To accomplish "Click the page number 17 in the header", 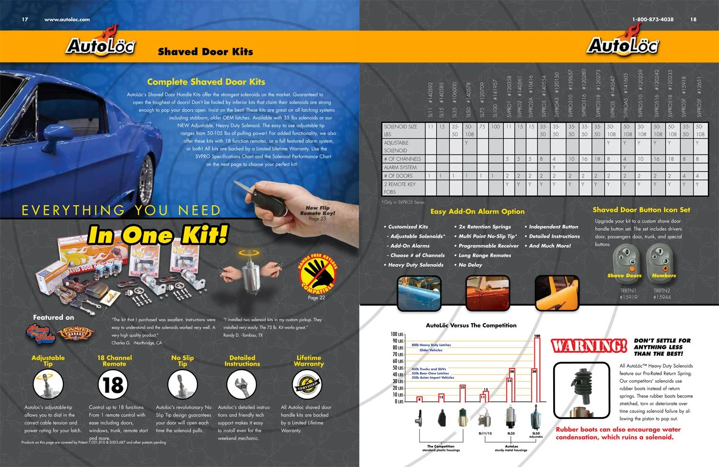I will click(25, 20).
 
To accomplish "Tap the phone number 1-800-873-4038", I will click(652, 20).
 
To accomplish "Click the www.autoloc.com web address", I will click(67, 20).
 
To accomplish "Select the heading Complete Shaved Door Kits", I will click(206, 82).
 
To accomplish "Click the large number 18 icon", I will click(114, 385).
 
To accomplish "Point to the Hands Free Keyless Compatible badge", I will click(317, 274).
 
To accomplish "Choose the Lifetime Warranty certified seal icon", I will click(307, 385).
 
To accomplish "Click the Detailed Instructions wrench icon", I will click(242, 385).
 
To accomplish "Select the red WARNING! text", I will click(589, 346).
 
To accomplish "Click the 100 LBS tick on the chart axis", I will click(397, 334).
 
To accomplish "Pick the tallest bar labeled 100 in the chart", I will click(537, 369).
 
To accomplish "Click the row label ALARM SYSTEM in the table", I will click(400, 167).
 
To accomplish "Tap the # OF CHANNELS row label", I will click(402, 159).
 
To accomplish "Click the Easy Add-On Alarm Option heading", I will click(477, 211).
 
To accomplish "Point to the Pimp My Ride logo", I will click(41, 333).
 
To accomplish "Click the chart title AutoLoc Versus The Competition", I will click(471, 325).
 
